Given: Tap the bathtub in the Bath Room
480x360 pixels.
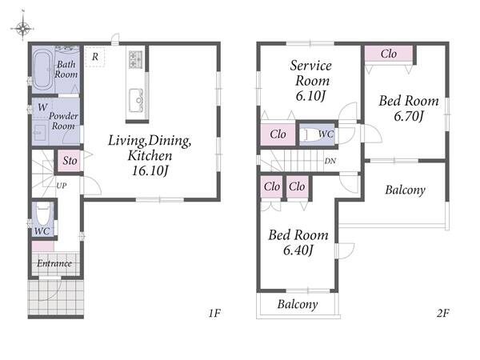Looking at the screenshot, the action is [42, 70].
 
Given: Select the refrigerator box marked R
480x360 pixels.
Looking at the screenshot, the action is [95, 57].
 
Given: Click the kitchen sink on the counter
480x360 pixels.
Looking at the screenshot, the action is [136, 100].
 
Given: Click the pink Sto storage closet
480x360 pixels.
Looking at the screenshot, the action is [69, 161].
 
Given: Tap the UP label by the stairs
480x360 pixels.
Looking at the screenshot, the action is [62, 186].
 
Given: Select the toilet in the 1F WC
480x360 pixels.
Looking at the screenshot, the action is [43, 214].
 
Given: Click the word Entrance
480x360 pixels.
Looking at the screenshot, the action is [54, 263].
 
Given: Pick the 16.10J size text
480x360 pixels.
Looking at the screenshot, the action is [150, 171].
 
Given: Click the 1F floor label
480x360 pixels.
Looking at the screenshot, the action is [214, 313].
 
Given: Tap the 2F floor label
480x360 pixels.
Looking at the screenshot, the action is [443, 313].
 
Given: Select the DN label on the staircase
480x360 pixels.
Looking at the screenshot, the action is [330, 161].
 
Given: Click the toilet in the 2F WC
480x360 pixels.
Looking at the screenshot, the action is [309, 134].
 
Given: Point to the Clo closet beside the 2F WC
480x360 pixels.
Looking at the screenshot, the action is [278, 134].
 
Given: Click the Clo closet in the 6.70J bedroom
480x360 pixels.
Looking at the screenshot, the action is [389, 54].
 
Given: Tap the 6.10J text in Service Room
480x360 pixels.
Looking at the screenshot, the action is [310, 96].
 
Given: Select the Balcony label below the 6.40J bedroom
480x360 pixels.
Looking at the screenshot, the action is [298, 304].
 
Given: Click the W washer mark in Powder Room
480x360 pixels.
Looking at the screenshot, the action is [42, 107].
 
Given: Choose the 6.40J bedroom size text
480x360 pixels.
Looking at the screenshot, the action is [298, 250].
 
